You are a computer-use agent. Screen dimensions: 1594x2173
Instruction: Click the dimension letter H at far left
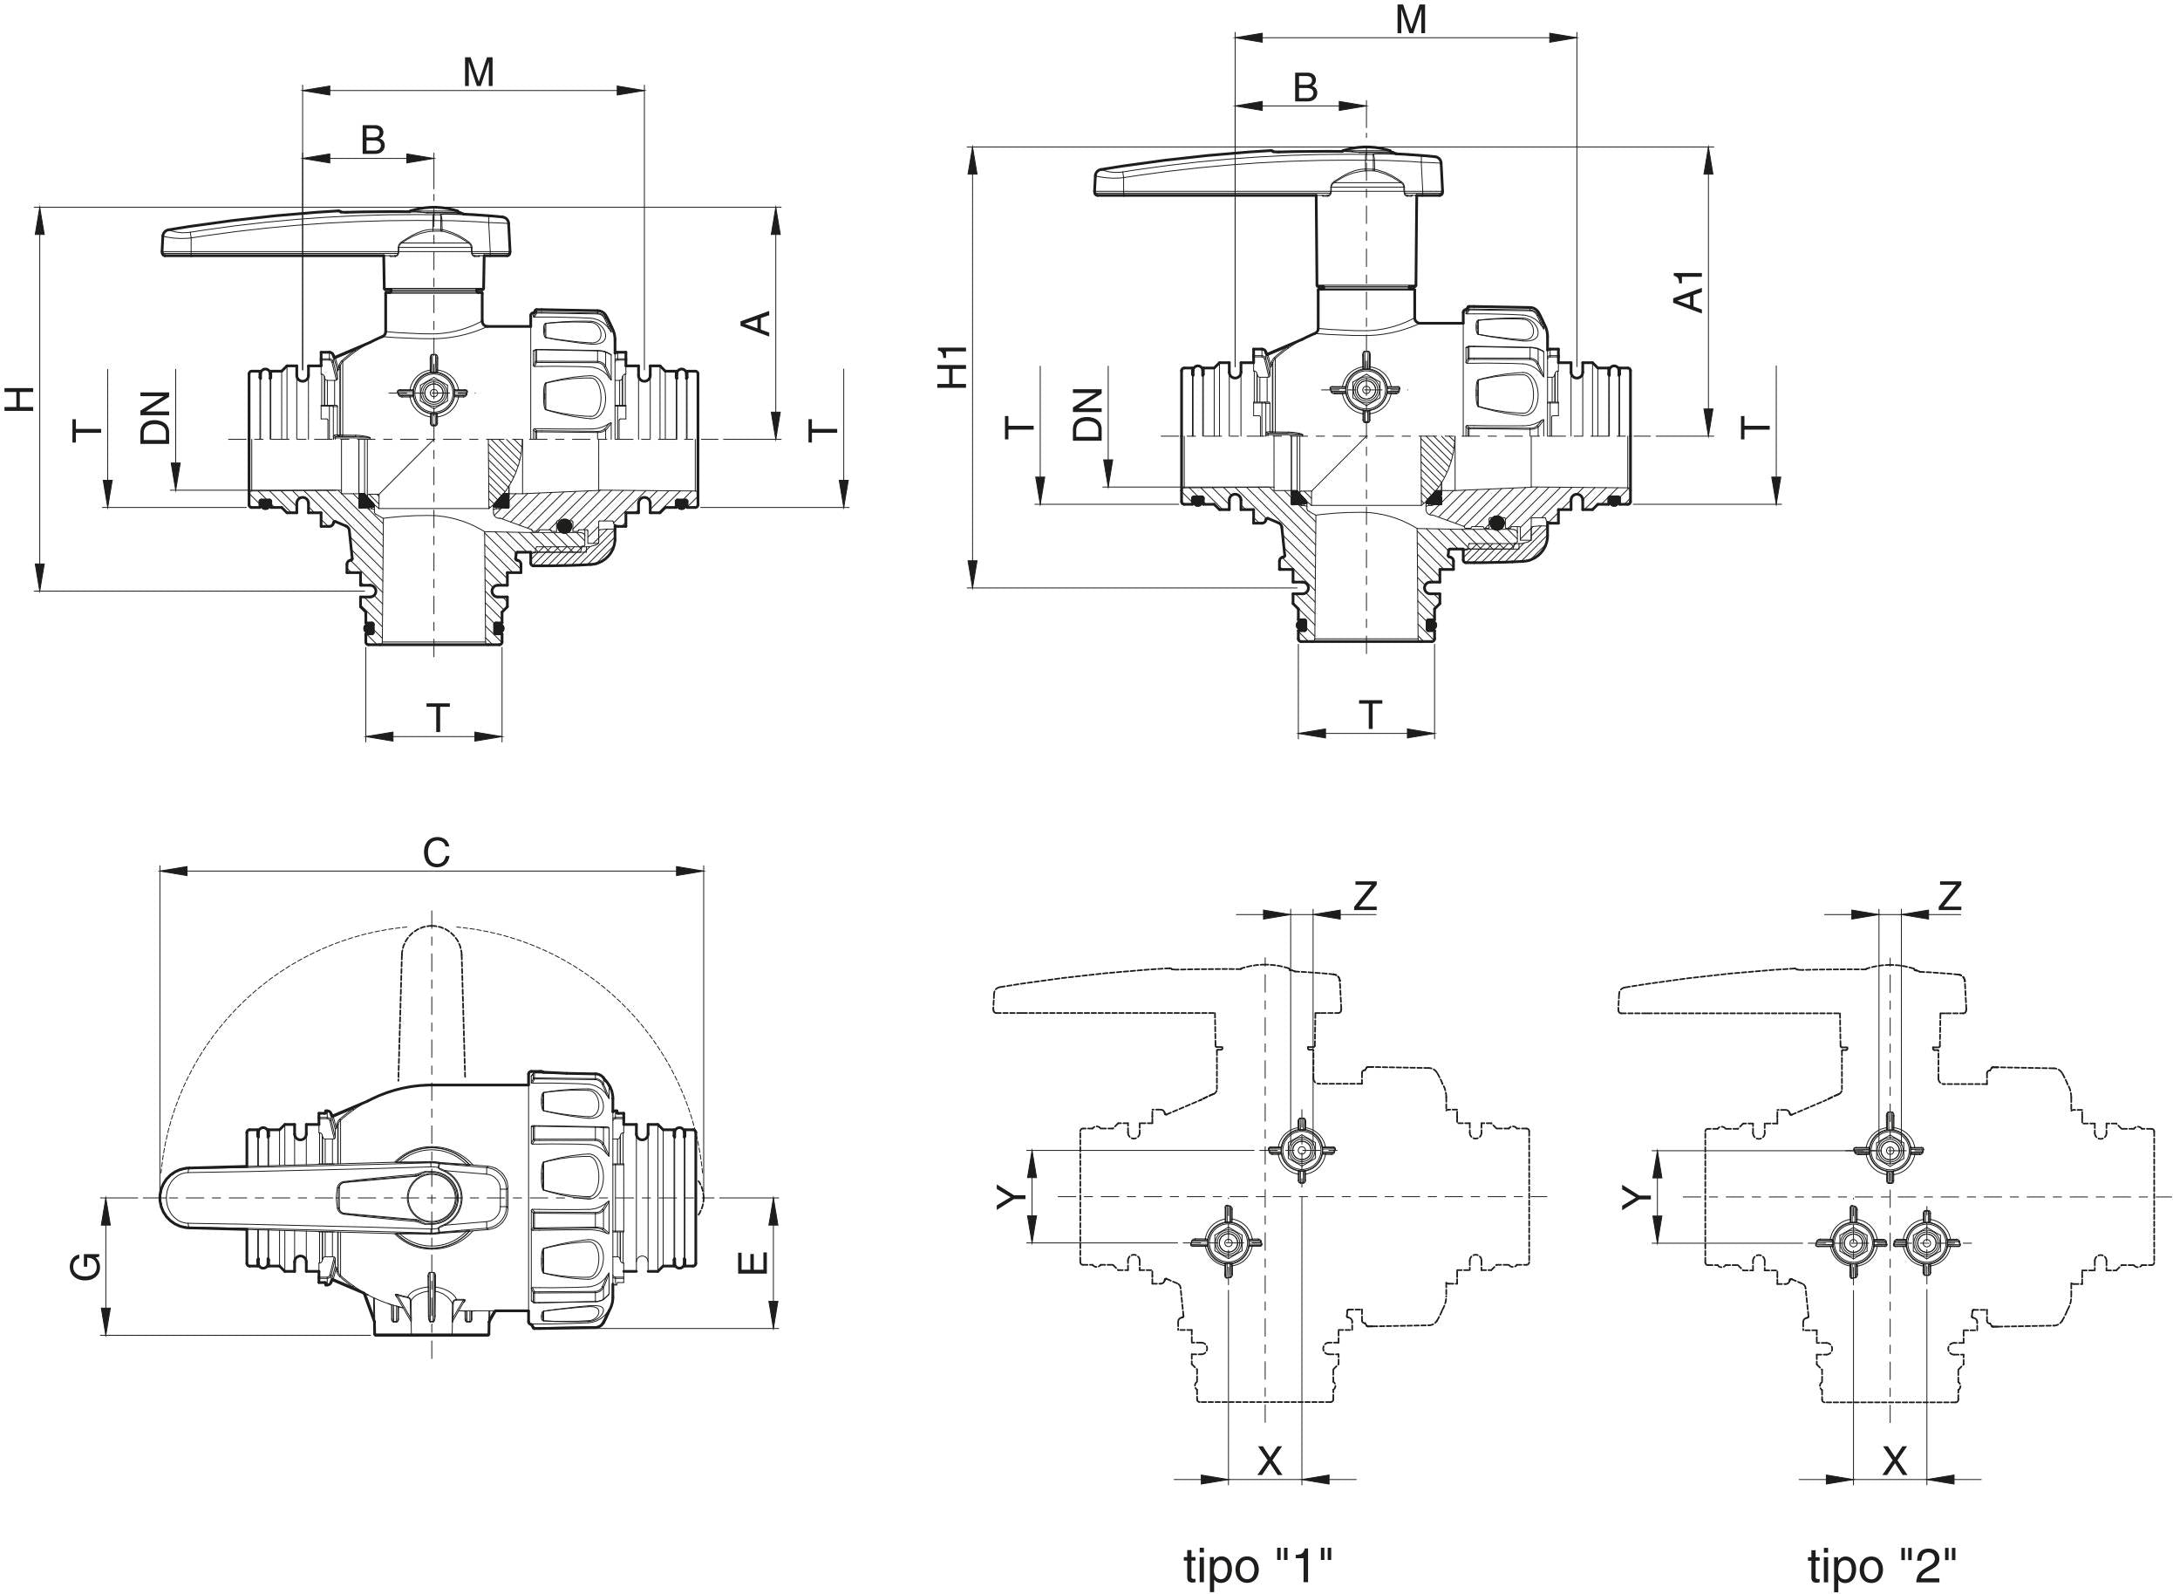(x=21, y=399)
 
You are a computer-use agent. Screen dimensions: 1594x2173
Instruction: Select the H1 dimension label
(x=954, y=366)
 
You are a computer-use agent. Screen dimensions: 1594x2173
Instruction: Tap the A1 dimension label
(x=1689, y=291)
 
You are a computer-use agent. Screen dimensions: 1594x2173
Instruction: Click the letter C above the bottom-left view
(x=436, y=853)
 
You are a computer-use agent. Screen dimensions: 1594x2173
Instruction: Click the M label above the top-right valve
(x=1411, y=19)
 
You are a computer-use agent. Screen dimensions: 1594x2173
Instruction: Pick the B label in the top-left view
(x=373, y=140)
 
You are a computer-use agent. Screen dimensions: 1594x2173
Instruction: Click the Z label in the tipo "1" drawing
(x=1365, y=896)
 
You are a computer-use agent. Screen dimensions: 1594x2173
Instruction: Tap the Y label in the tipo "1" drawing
(x=1008, y=1197)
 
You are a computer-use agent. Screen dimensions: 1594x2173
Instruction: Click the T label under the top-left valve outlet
(x=439, y=718)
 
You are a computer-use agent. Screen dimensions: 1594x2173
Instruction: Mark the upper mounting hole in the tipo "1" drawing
(x=1301, y=1150)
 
